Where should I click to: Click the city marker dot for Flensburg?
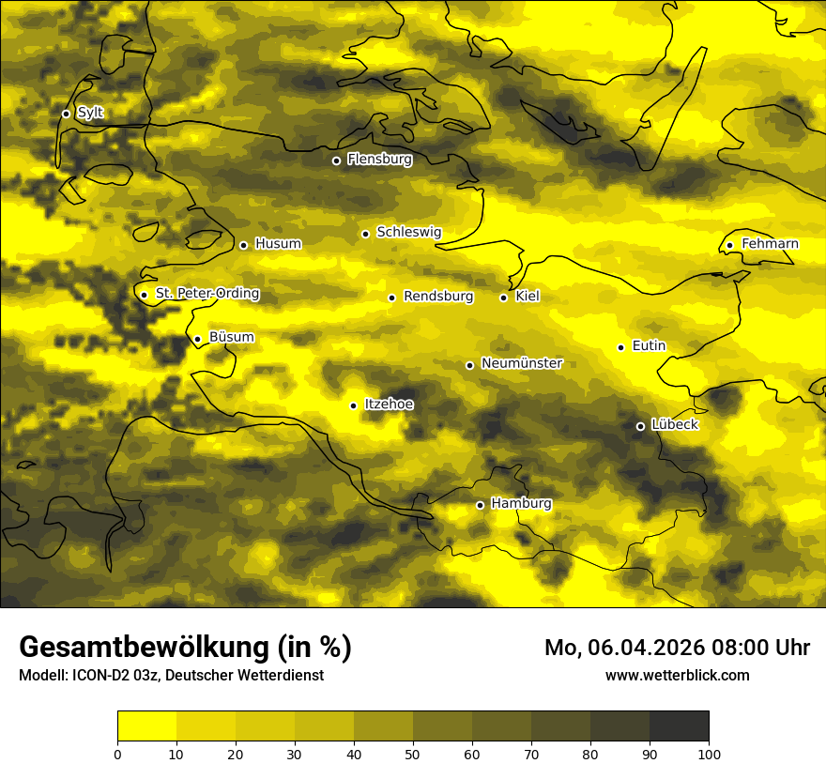coord(336,160)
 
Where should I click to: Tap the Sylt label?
coord(90,113)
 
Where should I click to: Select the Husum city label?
coord(278,244)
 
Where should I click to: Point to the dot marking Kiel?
coord(504,298)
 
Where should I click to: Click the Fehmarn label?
coord(770,244)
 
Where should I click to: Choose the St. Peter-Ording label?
coord(207,294)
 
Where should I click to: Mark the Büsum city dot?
coord(197,339)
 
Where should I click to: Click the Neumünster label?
coord(522,363)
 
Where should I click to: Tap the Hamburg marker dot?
coord(480,505)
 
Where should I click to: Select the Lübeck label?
coord(674,424)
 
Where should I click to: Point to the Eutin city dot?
coord(620,347)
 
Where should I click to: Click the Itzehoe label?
coord(389,405)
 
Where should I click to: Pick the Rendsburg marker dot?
coord(391,298)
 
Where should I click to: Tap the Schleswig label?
coord(408,232)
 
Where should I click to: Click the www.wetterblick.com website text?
coord(677,675)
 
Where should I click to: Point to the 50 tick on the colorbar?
coord(413,753)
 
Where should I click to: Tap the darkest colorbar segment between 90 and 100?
coord(679,726)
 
